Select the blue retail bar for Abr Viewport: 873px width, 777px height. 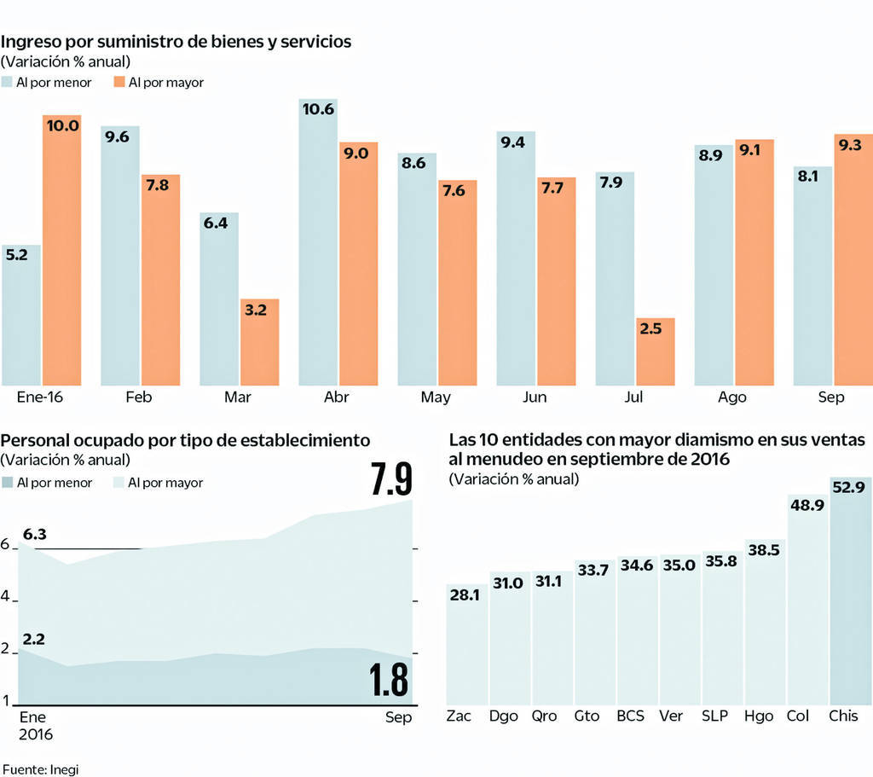coord(319,242)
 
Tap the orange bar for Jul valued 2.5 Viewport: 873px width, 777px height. coord(656,351)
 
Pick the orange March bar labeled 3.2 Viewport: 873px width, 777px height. coord(259,342)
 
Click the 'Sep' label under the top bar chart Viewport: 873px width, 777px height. coord(831,397)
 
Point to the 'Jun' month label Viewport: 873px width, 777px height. coord(535,397)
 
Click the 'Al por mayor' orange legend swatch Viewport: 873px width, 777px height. coord(119,83)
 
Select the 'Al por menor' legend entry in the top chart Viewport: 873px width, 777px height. coord(50,83)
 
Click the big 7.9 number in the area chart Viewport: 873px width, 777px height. coord(391,479)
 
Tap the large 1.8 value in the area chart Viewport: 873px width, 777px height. coord(390,680)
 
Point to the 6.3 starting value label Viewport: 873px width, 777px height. coord(35,535)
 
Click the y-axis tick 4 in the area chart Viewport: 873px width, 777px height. coord(5,598)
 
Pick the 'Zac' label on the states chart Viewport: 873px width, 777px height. coord(459,716)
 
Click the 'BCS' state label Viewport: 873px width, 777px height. coord(631,716)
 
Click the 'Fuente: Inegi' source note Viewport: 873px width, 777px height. coord(40,768)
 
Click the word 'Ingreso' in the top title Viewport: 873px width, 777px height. coord(32,42)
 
